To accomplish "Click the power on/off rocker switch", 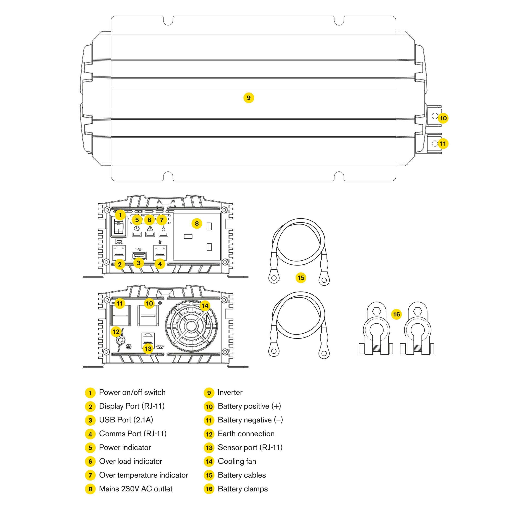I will click(x=118, y=227).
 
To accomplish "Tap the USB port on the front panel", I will click(x=139, y=255).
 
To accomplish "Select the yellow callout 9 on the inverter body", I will click(x=249, y=98).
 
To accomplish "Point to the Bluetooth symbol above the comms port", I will click(x=160, y=242).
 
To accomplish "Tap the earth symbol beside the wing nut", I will click(x=129, y=347).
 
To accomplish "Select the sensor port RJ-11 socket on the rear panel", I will click(x=148, y=339).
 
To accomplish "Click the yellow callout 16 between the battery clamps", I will click(x=396, y=314).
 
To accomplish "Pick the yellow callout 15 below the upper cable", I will click(x=301, y=278).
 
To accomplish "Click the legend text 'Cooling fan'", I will click(x=237, y=461).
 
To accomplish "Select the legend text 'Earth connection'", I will click(x=246, y=434).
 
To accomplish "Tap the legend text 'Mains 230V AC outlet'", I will click(x=136, y=489).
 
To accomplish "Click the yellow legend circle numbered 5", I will click(x=90, y=448).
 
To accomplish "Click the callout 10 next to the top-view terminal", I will click(x=443, y=118).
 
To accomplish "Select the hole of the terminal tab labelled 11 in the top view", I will click(x=435, y=143).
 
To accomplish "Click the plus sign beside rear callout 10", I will click(x=160, y=303).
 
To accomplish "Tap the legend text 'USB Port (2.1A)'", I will click(x=126, y=420).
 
